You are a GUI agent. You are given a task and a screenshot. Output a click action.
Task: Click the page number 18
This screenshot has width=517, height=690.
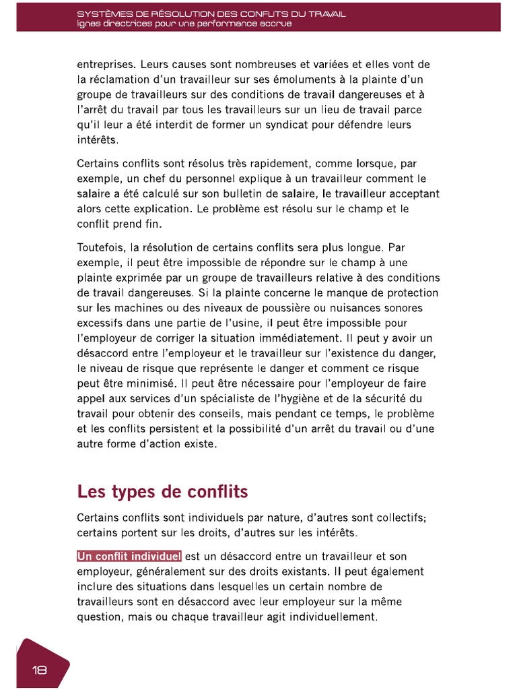(x=39, y=670)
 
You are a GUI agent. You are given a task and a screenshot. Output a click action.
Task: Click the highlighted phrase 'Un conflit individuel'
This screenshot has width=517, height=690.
(x=129, y=557)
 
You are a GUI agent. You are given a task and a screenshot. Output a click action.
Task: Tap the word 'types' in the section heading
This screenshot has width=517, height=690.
(x=127, y=492)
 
